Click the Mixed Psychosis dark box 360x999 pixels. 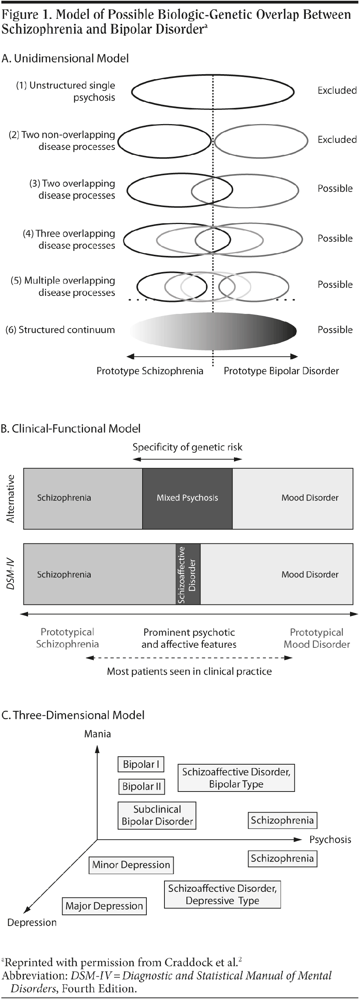(x=187, y=498)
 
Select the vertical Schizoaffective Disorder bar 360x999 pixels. (x=188, y=574)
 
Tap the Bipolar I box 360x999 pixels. (x=141, y=764)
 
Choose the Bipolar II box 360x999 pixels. (x=142, y=787)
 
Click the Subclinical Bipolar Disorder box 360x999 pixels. (x=157, y=815)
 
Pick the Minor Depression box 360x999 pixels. (x=131, y=865)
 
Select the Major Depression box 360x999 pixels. (x=105, y=906)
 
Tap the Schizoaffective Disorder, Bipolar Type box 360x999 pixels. (x=236, y=778)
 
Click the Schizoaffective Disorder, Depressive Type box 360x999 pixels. (x=222, y=894)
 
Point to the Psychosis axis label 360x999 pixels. (x=330, y=840)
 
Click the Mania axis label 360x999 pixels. (x=97, y=734)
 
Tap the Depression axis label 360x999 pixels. (x=32, y=922)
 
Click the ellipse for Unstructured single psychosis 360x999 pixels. (x=212, y=92)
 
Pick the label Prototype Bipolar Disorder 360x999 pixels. (x=281, y=371)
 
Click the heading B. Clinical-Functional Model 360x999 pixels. (x=71, y=428)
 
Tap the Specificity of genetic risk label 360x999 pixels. (x=187, y=447)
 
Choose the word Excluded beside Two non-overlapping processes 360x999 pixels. (x=337, y=139)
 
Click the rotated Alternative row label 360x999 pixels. (x=10, y=498)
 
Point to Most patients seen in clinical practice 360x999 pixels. (x=189, y=671)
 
